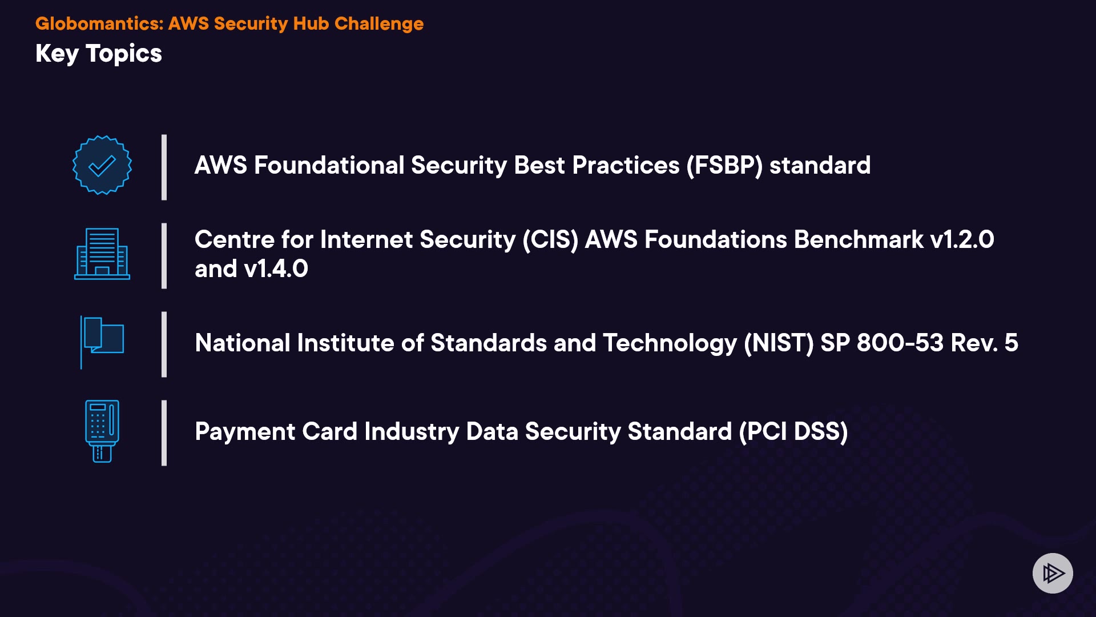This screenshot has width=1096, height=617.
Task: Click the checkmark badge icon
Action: pyautogui.click(x=102, y=165)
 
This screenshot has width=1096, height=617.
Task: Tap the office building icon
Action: pyautogui.click(x=102, y=254)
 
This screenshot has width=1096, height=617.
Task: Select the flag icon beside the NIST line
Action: pyautogui.click(x=102, y=342)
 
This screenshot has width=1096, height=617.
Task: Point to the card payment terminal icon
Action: pyautogui.click(x=102, y=431)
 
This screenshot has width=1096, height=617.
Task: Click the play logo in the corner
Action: pyautogui.click(x=1053, y=573)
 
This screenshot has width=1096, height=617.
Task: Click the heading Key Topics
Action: pyautogui.click(x=99, y=54)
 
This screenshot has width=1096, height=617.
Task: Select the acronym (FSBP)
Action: pyautogui.click(x=724, y=166)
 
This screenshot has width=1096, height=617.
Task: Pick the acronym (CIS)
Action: pyautogui.click(x=551, y=240)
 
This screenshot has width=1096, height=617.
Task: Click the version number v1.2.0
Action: pyautogui.click(x=962, y=239)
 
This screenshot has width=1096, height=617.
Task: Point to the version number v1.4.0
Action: pyautogui.click(x=276, y=269)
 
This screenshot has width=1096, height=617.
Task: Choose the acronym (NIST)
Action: pyautogui.click(x=779, y=343)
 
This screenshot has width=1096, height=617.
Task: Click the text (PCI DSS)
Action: pyautogui.click(x=793, y=432)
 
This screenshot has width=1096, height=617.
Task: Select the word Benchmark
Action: pyautogui.click(x=859, y=239)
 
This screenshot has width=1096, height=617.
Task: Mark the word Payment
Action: pyautogui.click(x=245, y=432)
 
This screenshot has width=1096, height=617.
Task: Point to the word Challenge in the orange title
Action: pyautogui.click(x=379, y=24)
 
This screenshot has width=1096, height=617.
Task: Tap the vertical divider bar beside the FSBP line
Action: pyautogui.click(x=164, y=167)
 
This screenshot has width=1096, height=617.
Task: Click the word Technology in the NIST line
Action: pyautogui.click(x=670, y=343)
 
